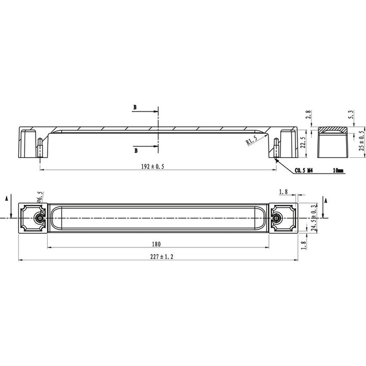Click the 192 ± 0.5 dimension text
point(153,166)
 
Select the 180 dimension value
point(156,244)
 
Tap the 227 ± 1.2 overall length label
point(162,257)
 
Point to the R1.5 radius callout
point(252,141)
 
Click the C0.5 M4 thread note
point(304,170)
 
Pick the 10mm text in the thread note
point(338,170)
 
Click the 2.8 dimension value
point(308,115)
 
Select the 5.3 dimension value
point(351,115)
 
